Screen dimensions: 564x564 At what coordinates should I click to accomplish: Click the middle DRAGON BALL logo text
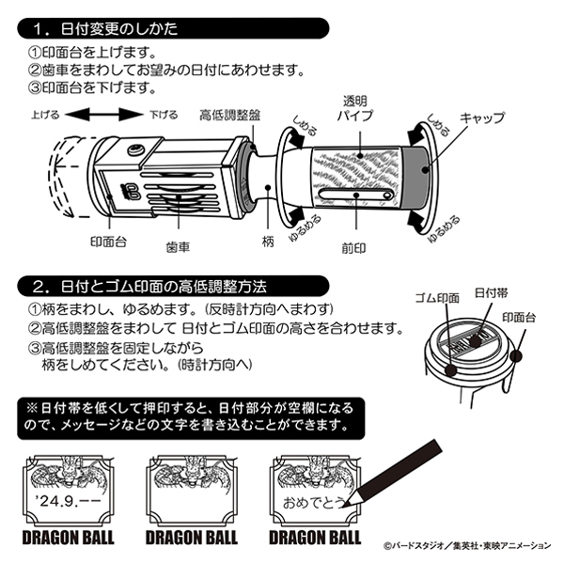click(192, 539)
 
